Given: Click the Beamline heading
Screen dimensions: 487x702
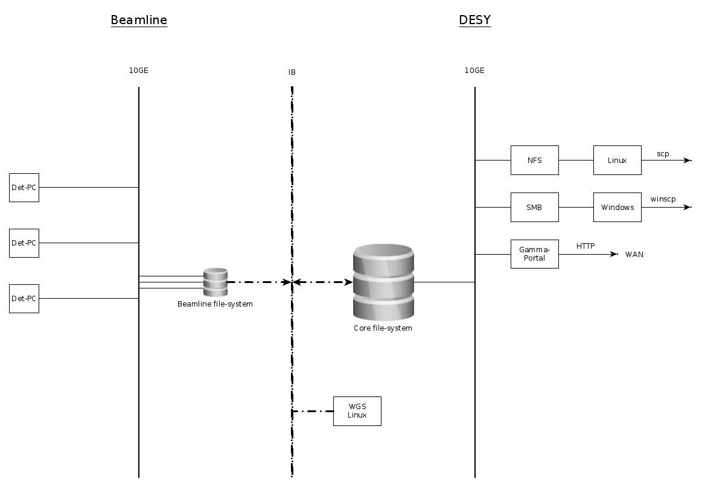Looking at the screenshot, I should coord(139,20).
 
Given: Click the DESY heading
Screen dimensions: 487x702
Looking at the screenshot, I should coord(474,20).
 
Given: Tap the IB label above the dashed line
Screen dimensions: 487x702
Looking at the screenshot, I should coord(292,72).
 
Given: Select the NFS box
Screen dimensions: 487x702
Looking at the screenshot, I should coord(534,161).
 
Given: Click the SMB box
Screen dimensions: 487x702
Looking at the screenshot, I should coord(534,208).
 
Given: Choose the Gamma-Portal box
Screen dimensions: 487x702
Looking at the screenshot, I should coord(534,254).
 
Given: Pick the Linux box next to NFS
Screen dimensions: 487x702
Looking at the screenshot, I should coord(617,161).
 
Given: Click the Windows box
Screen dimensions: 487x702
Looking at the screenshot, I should coord(617,208).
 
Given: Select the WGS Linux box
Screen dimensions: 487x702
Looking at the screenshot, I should coord(357,411).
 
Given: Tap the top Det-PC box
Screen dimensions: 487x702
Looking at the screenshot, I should coord(24,188).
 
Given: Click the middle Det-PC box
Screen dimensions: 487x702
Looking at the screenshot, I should coord(24,243).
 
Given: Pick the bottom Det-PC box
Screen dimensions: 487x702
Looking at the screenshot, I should coord(24,299).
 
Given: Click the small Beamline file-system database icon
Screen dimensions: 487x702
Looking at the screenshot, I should coord(215,282).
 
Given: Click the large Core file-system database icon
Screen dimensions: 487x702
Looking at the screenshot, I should coord(383,282).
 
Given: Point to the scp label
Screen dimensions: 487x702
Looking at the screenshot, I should coord(663,154).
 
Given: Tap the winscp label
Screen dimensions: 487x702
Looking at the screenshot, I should coord(663,199).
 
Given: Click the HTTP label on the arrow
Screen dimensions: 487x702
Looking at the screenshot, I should coord(586,246).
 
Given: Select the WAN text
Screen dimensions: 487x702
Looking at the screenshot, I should coord(634,255).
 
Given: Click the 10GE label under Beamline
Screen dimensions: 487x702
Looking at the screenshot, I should coord(138,71).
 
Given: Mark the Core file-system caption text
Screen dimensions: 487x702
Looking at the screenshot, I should coord(383,328).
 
